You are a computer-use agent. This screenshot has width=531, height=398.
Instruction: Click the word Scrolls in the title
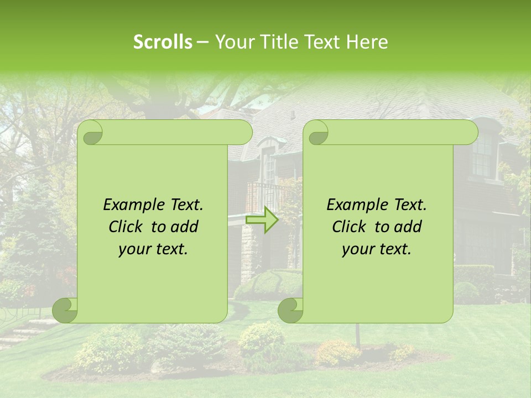point(163,42)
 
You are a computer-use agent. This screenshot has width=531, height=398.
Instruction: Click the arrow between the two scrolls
point(262,220)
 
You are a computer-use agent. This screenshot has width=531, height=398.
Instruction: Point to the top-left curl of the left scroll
point(90,133)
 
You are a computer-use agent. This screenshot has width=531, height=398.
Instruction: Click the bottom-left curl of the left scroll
point(65,310)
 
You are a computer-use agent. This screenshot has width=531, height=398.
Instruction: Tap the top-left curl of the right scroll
point(316,133)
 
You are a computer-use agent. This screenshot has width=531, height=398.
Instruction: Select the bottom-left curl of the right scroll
point(290,310)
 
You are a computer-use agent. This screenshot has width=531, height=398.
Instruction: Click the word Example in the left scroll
point(131,205)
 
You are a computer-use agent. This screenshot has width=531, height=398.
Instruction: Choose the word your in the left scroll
point(134,249)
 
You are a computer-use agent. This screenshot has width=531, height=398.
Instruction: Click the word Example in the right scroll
point(354,205)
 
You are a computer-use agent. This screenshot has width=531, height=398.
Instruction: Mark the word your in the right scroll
point(358,249)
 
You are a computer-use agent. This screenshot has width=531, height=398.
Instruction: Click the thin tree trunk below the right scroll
point(358,335)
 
